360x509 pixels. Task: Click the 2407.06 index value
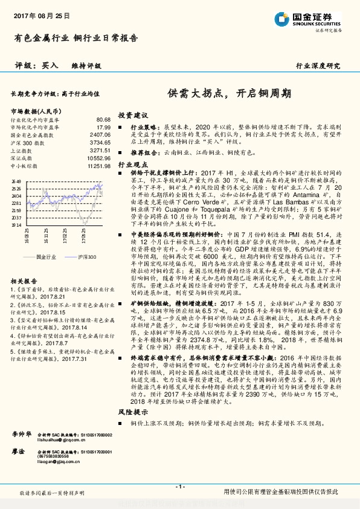click(100, 135)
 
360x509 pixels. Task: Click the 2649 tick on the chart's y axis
click(16, 181)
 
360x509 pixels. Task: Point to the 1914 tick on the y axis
click(16, 224)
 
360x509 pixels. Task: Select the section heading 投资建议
click(132, 115)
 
